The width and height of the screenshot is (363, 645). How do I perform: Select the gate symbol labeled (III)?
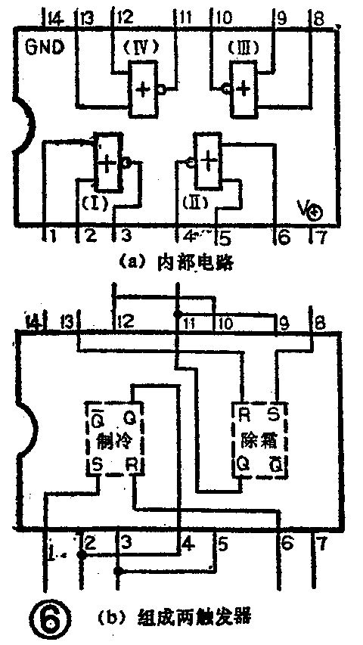pos(242,88)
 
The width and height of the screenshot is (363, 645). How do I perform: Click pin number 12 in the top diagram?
pos(124,17)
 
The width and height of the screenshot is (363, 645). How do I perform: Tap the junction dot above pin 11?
pos(178,313)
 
